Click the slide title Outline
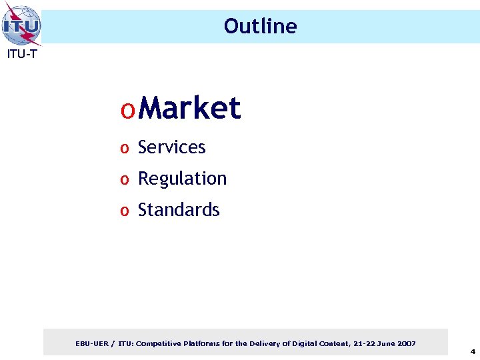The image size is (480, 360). [260, 26]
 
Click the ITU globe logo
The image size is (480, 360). [21, 25]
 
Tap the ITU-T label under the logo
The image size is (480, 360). [22, 55]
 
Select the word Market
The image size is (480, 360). [191, 108]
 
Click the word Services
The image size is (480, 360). [171, 147]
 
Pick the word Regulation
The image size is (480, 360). [182, 179]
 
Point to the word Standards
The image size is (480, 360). [179, 210]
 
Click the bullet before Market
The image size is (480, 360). [128, 110]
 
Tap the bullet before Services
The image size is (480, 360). [124, 149]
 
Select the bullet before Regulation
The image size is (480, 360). [124, 180]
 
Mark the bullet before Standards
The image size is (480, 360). [124, 211]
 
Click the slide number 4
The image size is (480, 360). [472, 351]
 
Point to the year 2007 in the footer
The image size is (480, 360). [405, 343]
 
